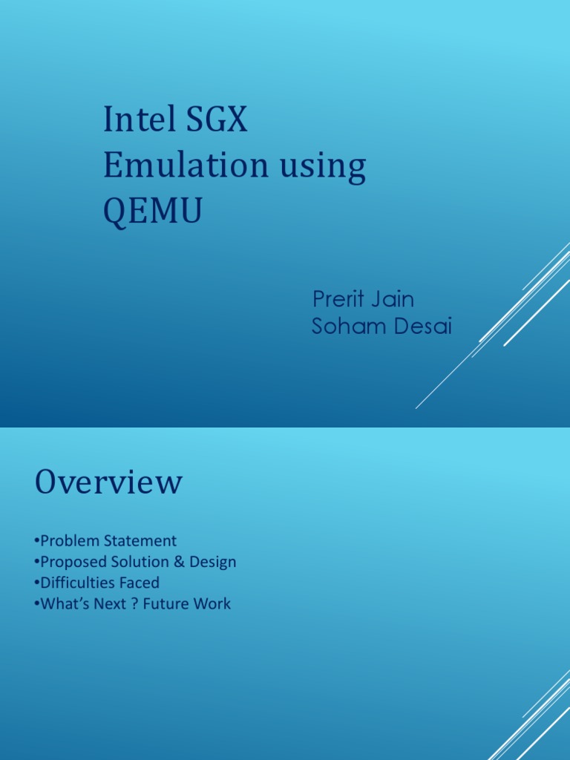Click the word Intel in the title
coord(139,119)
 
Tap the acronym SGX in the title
coord(217,119)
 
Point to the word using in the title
coord(323,168)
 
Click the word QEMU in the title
coord(153,211)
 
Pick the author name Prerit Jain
coord(363,298)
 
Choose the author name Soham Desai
coord(381,326)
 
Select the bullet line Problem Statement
coord(105,540)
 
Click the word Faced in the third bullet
coord(140,583)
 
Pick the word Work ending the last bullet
coord(212,604)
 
